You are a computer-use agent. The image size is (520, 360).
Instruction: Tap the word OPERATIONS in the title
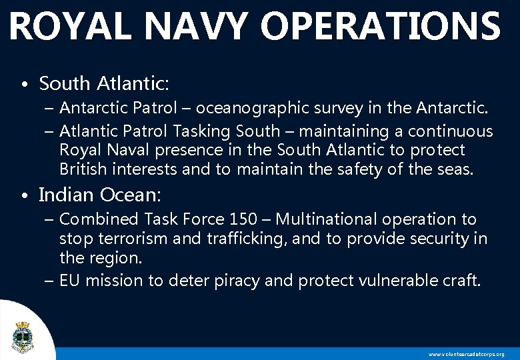point(380,27)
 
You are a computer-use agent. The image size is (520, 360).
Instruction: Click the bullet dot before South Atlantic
point(24,86)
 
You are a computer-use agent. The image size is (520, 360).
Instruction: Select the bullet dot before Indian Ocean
point(24,197)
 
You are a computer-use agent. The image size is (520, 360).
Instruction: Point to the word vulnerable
point(387,281)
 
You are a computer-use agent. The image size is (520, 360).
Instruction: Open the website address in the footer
point(466,354)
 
